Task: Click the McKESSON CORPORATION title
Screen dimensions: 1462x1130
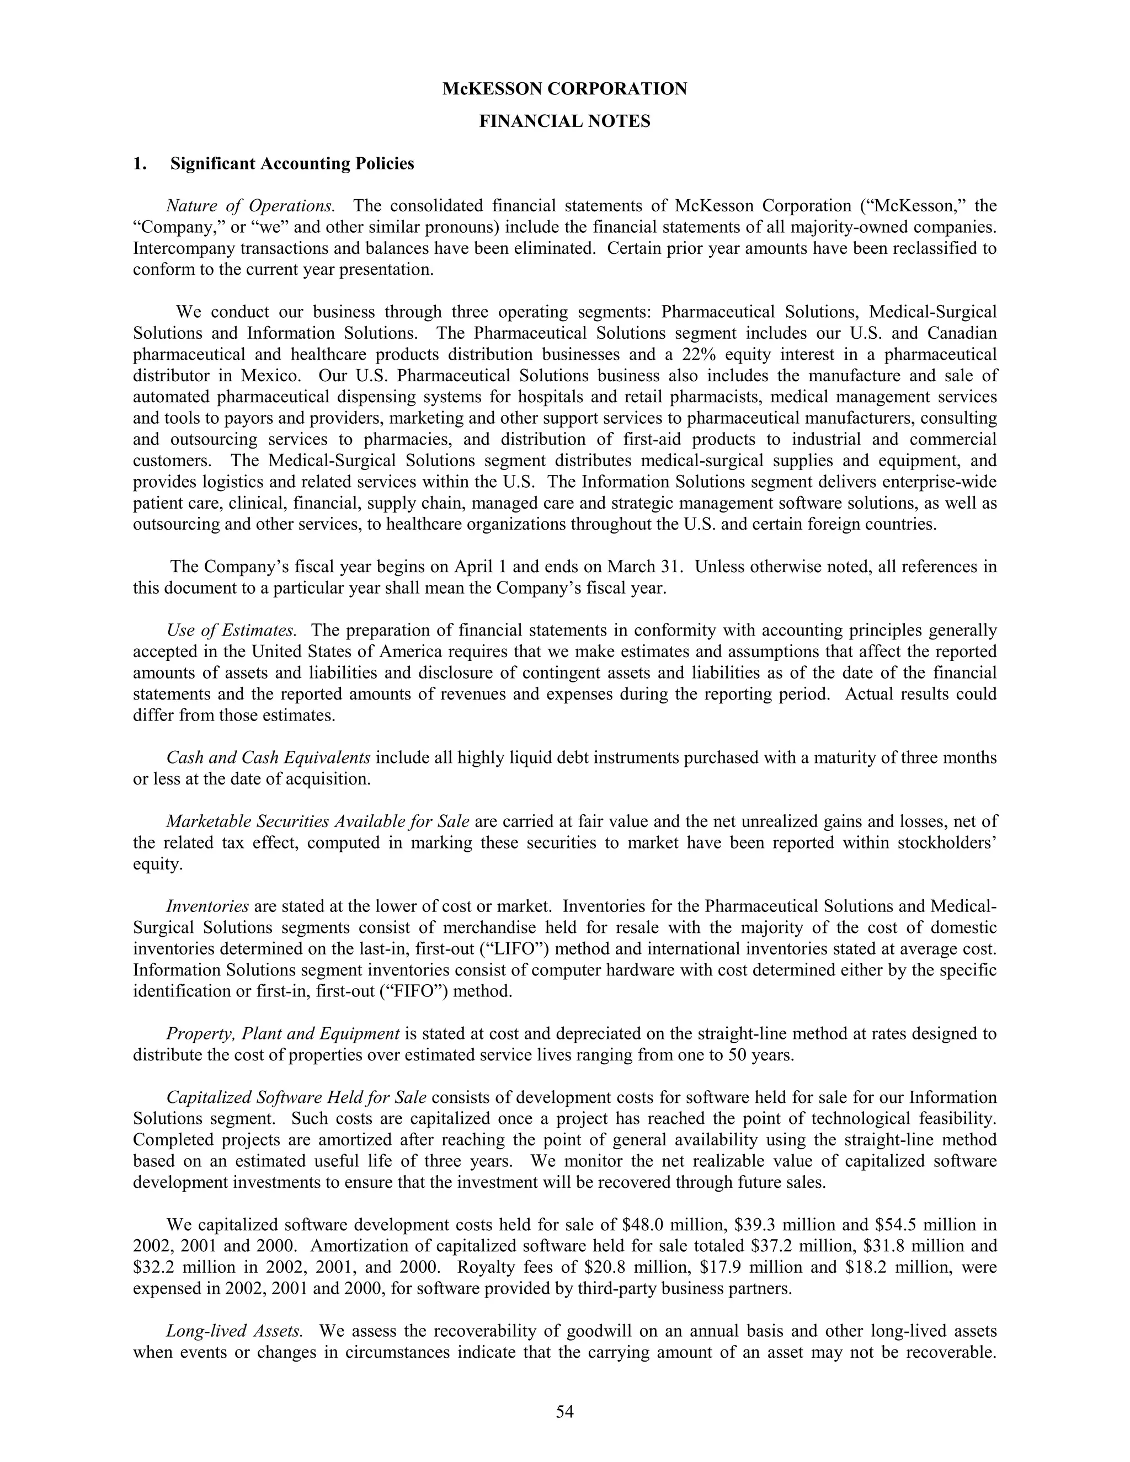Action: (564, 89)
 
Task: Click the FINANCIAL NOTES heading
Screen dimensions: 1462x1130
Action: (564, 121)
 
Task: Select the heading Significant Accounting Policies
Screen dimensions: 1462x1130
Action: (292, 164)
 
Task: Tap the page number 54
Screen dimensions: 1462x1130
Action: (564, 1412)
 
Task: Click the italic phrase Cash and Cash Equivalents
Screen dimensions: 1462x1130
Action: (269, 758)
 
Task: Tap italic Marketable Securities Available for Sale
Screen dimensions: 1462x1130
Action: (317, 821)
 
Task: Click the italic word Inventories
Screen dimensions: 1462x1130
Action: (207, 906)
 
